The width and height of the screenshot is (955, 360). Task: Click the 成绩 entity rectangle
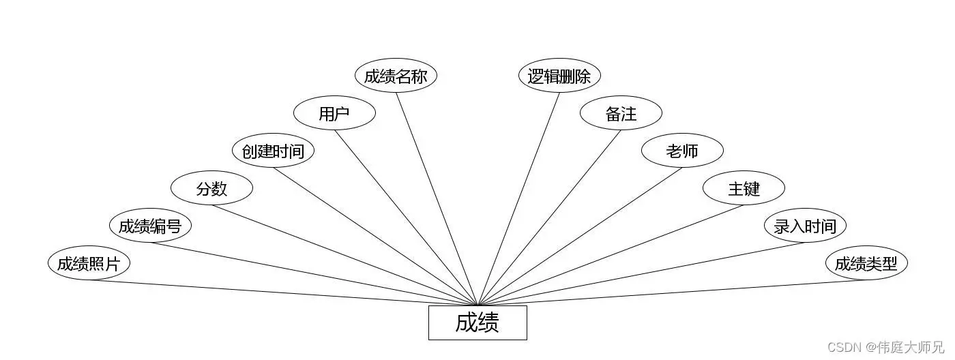(x=477, y=322)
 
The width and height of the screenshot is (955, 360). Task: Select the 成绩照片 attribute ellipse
(x=89, y=263)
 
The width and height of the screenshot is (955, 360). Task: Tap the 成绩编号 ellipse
(x=150, y=226)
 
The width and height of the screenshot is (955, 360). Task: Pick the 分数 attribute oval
(x=211, y=188)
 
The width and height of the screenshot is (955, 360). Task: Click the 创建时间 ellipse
(x=273, y=151)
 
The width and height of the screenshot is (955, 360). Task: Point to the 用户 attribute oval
(x=334, y=113)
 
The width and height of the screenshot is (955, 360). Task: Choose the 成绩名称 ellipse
(x=396, y=76)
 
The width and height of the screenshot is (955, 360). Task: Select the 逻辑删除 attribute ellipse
(x=559, y=76)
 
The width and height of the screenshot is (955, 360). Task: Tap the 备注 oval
(x=621, y=113)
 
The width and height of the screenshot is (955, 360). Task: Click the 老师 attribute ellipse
(x=682, y=151)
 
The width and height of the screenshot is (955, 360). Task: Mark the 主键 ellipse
(x=744, y=188)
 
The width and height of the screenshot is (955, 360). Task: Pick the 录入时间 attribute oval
(x=805, y=226)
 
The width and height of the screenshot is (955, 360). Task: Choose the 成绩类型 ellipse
(x=866, y=263)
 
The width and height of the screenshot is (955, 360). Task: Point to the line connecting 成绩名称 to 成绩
(x=437, y=198)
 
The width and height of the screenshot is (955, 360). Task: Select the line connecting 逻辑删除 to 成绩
(x=518, y=198)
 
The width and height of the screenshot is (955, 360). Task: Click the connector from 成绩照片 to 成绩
(x=283, y=292)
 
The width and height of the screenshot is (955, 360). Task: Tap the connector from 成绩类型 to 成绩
(x=672, y=292)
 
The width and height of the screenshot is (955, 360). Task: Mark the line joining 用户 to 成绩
(x=406, y=217)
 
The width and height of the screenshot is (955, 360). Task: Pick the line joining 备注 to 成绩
(x=549, y=217)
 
